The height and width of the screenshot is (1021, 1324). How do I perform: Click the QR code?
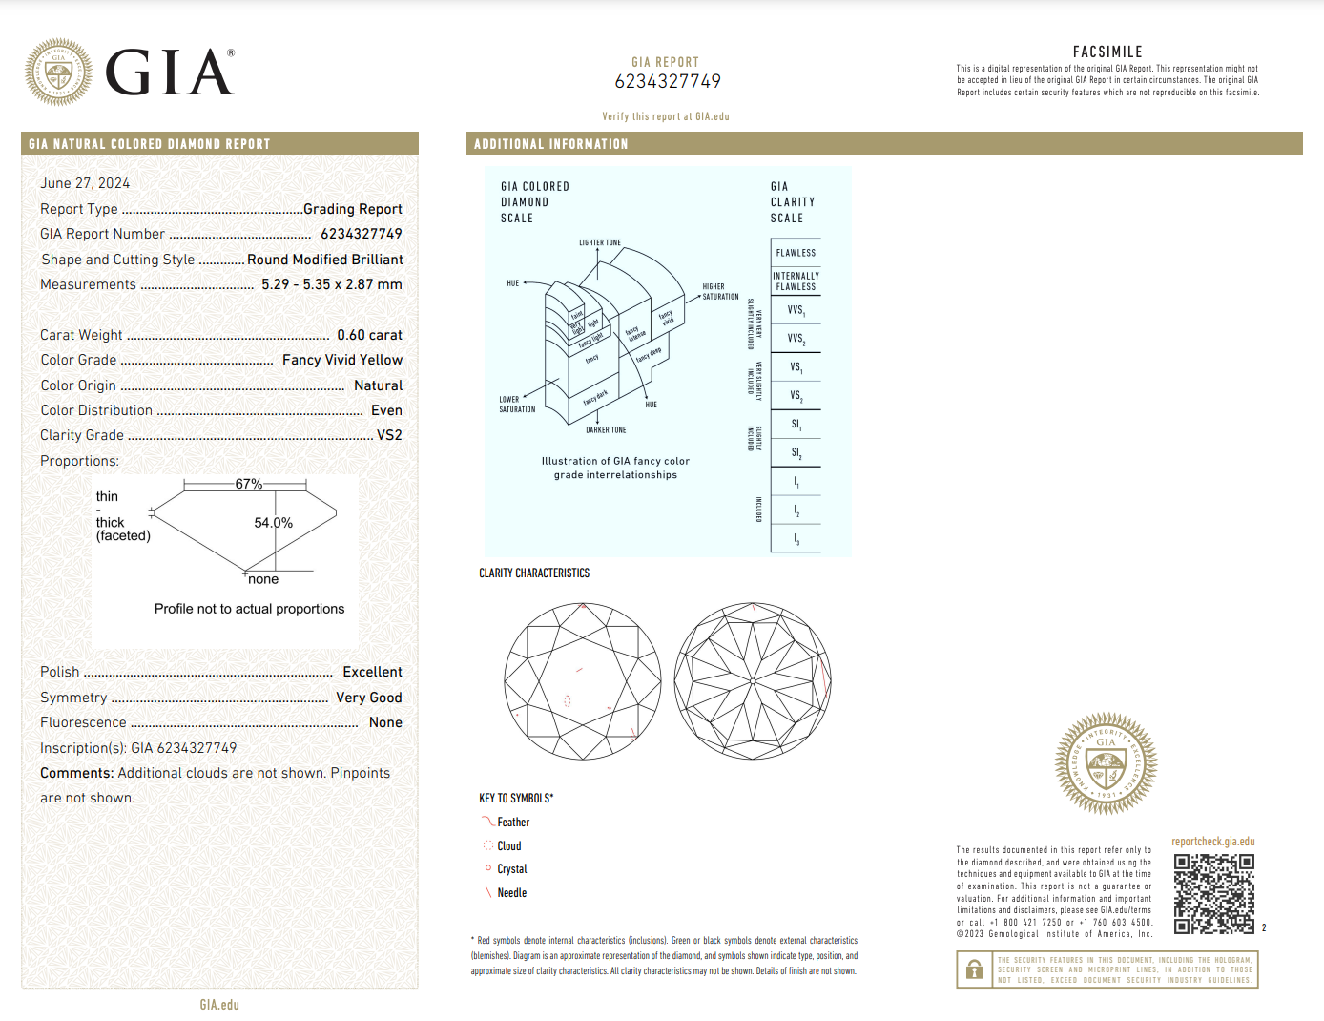1213,893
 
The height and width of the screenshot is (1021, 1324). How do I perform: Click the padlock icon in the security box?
974,969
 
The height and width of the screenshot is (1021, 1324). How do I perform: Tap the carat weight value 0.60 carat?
369,335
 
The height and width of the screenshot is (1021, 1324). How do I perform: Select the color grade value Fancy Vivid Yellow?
342,360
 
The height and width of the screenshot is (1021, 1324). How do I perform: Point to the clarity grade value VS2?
389,435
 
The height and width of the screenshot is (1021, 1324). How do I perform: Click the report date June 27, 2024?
85,183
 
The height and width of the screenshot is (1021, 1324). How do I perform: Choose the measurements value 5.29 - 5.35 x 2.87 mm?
332,284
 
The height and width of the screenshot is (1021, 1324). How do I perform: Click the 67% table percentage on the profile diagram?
248,484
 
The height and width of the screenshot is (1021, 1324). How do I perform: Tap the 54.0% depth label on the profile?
273,523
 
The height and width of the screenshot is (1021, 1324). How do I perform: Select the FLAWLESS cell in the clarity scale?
796,253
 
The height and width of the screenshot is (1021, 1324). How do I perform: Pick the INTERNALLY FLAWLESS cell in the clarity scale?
796,281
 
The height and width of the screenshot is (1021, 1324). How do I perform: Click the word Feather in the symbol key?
513,823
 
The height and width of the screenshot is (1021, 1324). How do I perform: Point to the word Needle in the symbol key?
511,893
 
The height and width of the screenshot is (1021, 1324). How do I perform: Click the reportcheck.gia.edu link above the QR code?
1212,842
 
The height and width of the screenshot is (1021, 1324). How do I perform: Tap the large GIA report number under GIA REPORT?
668,82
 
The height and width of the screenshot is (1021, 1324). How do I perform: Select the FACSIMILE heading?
1107,52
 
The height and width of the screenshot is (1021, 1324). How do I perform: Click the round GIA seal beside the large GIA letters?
58,72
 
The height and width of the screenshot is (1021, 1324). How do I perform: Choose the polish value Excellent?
372,672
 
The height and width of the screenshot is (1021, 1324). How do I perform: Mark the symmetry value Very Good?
368,698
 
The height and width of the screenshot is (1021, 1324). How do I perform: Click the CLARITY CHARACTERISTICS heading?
534,573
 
